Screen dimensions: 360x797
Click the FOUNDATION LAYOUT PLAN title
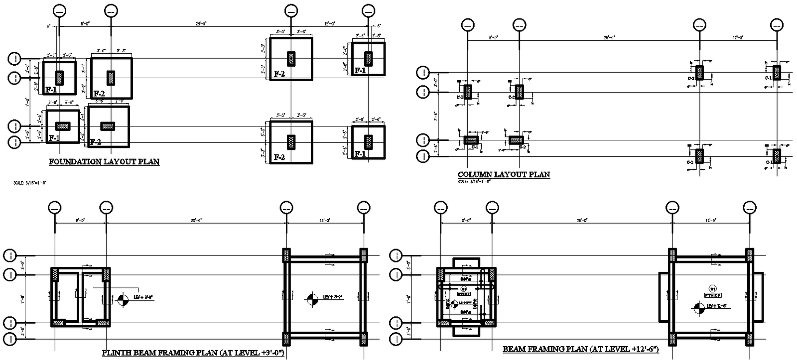[x=104, y=161]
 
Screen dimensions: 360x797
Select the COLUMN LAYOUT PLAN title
[x=504, y=174]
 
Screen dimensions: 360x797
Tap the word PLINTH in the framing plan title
[x=117, y=353]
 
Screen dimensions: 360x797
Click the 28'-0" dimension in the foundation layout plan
[x=201, y=23]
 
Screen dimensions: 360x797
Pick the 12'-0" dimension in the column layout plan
[x=738, y=37]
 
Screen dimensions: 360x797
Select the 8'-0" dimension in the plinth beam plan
[x=80, y=220]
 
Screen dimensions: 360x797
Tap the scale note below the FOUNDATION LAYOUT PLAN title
[x=31, y=183]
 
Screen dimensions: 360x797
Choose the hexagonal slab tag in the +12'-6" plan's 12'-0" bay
[x=713, y=288]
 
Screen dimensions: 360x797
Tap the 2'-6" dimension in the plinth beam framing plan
[x=22, y=331]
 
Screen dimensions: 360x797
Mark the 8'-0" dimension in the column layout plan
[x=493, y=37]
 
